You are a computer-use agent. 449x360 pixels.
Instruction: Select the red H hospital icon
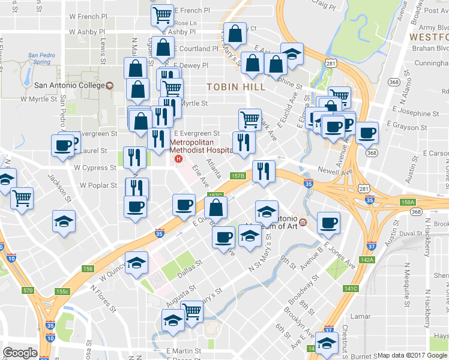click(x=178, y=159)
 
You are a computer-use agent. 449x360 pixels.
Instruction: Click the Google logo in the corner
click(x=20, y=352)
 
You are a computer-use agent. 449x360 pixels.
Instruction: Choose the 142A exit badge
click(x=367, y=259)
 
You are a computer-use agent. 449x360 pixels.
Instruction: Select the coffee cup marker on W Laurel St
click(x=62, y=145)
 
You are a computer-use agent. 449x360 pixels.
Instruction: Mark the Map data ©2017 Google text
click(x=412, y=355)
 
